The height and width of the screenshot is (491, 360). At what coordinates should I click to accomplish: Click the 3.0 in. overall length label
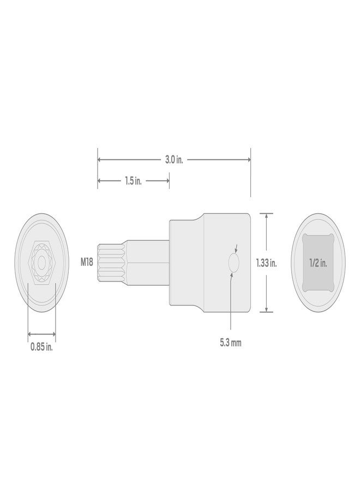[x=174, y=160]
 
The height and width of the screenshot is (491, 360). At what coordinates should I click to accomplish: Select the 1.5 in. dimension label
[x=133, y=181]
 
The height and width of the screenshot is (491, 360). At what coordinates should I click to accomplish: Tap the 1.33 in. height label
[x=267, y=262]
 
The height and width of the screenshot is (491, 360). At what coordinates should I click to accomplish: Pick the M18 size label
[x=87, y=262]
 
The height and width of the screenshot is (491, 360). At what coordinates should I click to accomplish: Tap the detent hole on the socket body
[x=233, y=262]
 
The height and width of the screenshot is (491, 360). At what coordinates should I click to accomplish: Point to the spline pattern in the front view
[x=41, y=262]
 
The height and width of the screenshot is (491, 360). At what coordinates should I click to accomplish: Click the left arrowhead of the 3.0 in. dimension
[x=100, y=160]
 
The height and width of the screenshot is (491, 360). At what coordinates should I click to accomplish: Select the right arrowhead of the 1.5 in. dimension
[x=167, y=181]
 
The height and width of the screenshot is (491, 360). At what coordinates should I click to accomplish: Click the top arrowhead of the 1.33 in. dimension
[x=266, y=215]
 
